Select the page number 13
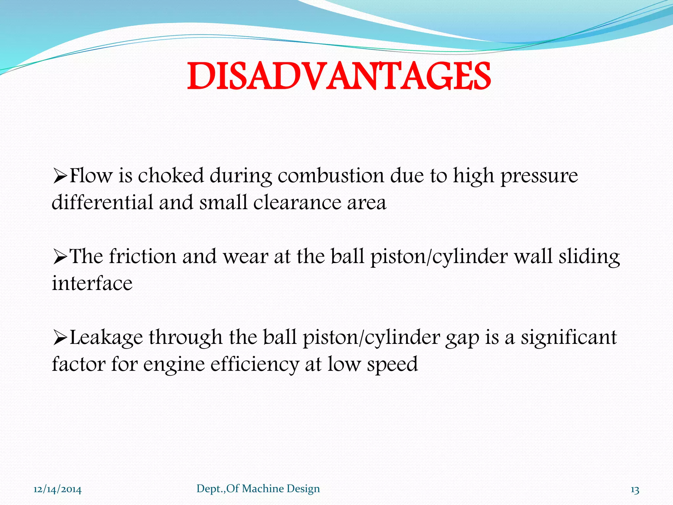coord(635,490)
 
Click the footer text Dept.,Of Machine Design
coord(258,489)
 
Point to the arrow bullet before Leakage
coord(60,338)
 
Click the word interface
coord(92,283)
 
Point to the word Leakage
coord(107,338)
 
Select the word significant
coord(569,338)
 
